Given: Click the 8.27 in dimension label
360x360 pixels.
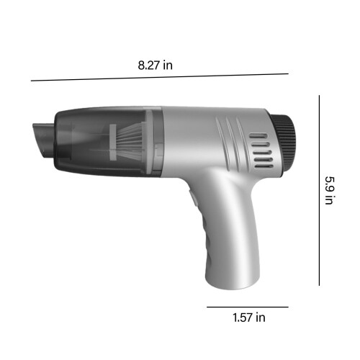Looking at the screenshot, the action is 155,65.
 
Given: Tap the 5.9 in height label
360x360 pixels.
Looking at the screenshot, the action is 330,191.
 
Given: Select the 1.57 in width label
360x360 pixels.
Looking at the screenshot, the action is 249,318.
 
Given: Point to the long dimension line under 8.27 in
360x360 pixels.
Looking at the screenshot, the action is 160,77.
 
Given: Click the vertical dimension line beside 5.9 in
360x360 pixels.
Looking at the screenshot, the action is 319,190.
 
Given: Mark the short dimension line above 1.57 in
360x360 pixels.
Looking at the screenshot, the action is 248,307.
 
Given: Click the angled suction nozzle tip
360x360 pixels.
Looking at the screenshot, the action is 43,140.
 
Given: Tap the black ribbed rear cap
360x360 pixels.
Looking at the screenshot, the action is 284,146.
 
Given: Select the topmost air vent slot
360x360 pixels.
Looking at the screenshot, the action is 258,136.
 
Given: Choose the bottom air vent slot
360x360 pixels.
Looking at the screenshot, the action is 264,166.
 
